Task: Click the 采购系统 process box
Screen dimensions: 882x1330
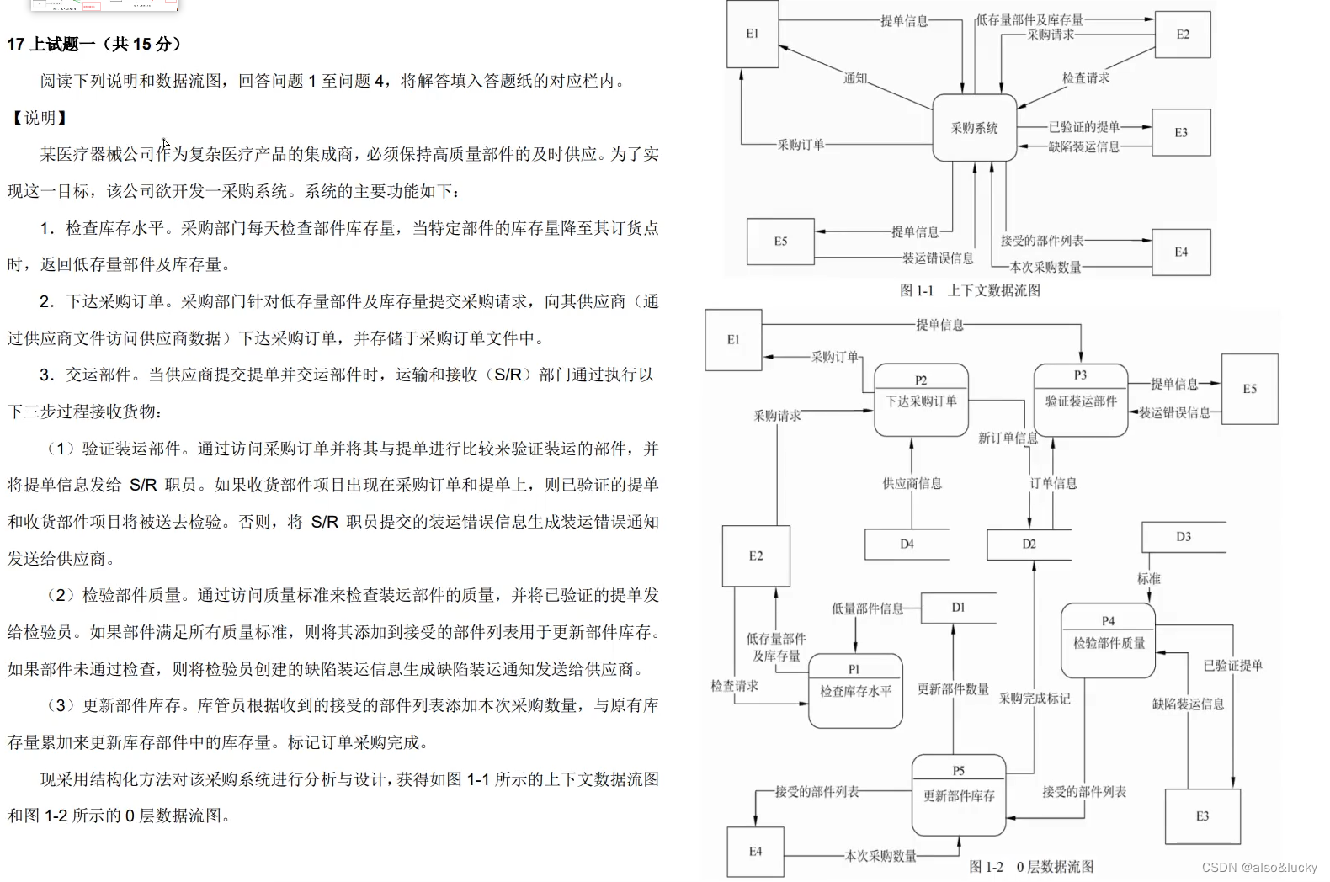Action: [974, 128]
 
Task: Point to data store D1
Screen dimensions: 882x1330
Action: [958, 608]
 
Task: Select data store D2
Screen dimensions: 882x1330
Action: [1029, 545]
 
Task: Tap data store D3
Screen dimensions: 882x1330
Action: [1183, 537]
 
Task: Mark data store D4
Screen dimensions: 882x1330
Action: [907, 545]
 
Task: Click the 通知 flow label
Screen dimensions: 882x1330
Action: [855, 78]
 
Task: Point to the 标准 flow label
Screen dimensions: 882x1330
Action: [1148, 579]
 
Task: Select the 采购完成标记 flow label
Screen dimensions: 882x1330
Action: [1035, 699]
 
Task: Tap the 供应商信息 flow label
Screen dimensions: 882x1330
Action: [912, 484]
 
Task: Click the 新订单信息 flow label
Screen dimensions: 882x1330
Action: [1008, 438]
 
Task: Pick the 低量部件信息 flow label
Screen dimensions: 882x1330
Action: [867, 608]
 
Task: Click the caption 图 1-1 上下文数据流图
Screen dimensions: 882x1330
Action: [970, 290]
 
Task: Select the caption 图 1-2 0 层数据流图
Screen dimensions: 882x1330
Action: [1030, 867]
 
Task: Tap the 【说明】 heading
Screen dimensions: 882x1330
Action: [39, 118]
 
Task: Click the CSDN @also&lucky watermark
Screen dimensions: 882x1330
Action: [1259, 868]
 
